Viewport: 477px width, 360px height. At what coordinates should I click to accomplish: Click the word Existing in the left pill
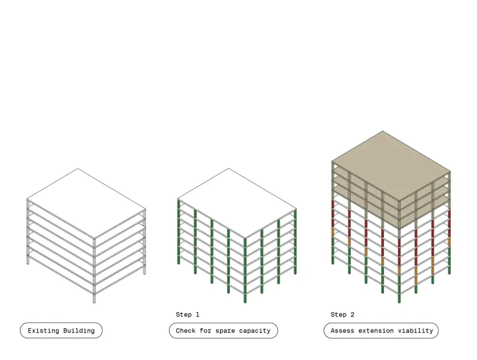click(x=43, y=330)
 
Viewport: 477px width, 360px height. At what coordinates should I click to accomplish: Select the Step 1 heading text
click(x=188, y=315)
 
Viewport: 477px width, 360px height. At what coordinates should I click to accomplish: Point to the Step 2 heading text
click(x=342, y=315)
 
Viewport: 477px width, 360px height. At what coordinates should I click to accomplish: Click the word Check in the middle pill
click(x=186, y=330)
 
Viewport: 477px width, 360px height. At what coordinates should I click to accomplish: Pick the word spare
click(x=225, y=331)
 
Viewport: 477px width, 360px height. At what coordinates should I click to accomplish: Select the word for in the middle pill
click(x=206, y=330)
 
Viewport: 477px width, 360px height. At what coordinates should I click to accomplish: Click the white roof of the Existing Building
click(x=86, y=203)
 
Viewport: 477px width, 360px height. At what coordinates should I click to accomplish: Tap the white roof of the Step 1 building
click(x=237, y=203)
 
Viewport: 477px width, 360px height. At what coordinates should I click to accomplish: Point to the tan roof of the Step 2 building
click(x=391, y=166)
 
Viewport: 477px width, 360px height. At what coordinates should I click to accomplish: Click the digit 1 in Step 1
click(x=198, y=315)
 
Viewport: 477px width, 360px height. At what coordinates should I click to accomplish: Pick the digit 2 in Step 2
click(x=352, y=315)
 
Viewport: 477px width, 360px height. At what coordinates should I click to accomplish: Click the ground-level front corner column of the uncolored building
click(x=94, y=299)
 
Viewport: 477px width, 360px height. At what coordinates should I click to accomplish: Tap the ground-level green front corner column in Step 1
click(x=245, y=299)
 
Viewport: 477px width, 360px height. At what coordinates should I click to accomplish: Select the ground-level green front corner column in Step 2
click(x=399, y=299)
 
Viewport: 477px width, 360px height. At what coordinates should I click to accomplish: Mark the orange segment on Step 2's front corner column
click(x=399, y=271)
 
